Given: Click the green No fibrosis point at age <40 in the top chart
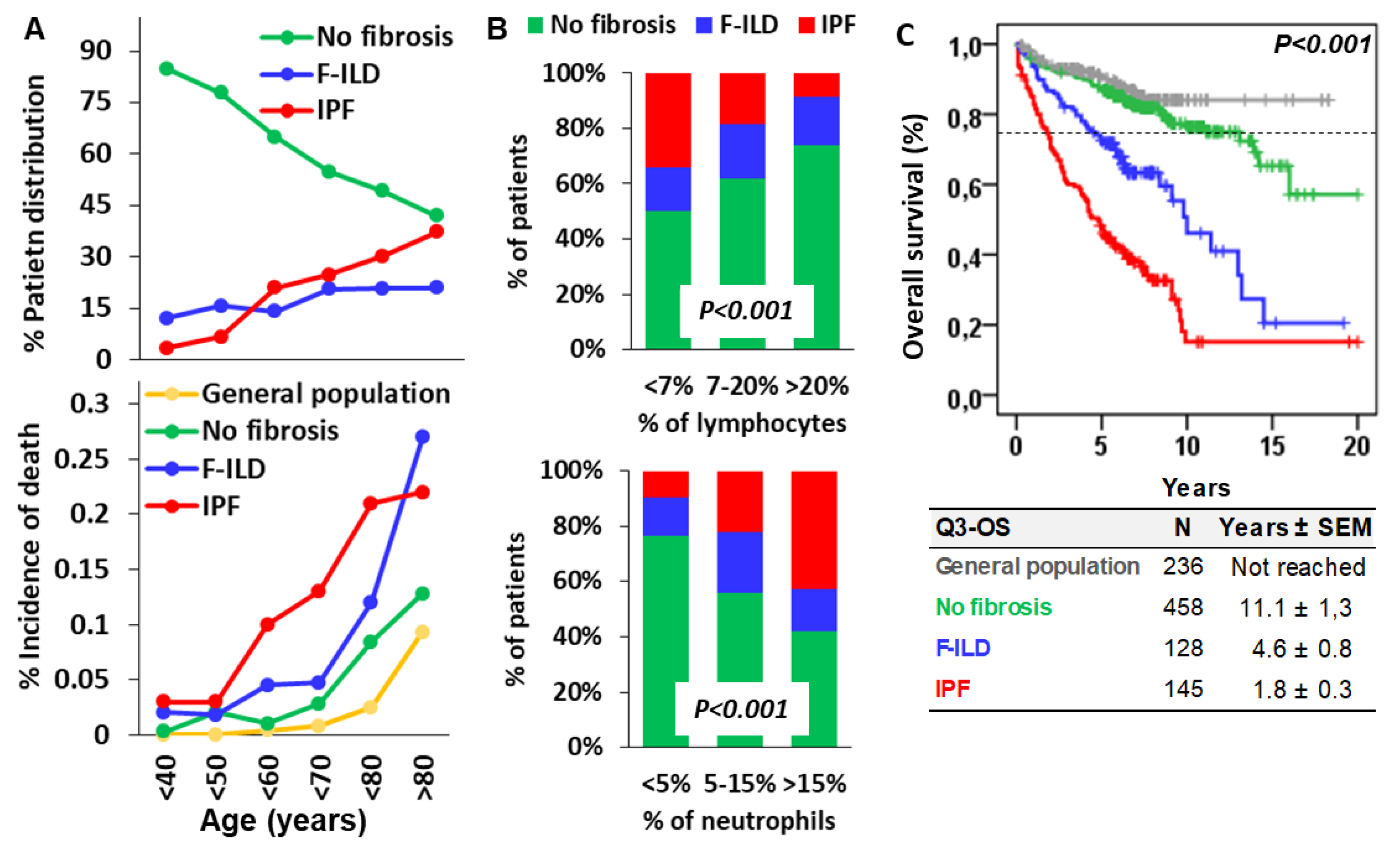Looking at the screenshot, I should coord(166,69).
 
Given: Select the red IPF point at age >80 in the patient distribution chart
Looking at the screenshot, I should coord(436,231).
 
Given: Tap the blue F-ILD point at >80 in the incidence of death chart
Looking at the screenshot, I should coord(422,437).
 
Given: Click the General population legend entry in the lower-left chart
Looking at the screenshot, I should coord(325,394).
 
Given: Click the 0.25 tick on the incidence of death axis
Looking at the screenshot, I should coord(82,459).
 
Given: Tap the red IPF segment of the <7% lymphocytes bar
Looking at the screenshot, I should coord(668,120).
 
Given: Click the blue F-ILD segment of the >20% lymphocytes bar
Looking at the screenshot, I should coord(816,120).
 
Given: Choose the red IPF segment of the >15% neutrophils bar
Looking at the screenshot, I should coord(814,530).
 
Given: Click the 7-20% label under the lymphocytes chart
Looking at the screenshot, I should coord(741,387).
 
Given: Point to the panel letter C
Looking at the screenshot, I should coord(905,35).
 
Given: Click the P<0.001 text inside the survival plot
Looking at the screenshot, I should coord(1321,44).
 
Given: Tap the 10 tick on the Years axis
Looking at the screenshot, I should coord(1187,447).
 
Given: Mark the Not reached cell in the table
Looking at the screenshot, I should coord(1298,567).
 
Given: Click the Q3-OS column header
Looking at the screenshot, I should coord(972,528).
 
